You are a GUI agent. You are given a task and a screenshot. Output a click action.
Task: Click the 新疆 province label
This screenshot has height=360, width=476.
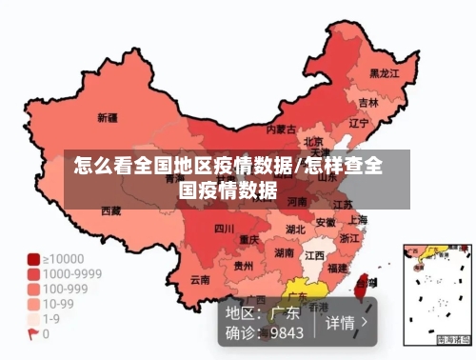click(109, 119)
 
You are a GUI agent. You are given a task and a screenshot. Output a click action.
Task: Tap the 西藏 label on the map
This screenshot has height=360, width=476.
click(111, 210)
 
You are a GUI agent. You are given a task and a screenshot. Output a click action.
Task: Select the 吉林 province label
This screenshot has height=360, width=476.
click(368, 102)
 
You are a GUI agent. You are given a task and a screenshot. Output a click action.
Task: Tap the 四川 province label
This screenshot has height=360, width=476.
click(224, 229)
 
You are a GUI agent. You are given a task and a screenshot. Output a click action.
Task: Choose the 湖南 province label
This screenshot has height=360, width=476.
click(284, 253)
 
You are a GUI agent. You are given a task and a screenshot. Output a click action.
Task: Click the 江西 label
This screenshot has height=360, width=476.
click(314, 255)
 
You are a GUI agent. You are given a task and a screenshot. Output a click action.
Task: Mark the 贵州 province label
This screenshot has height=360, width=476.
click(244, 266)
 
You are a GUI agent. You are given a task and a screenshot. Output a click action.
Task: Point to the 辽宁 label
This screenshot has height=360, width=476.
click(359, 123)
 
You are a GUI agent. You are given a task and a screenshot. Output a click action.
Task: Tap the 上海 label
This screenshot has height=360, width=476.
click(358, 220)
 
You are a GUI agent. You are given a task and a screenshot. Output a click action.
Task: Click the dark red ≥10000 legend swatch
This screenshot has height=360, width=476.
click(33, 258)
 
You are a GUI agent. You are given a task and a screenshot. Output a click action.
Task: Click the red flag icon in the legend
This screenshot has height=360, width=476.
click(33, 334)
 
